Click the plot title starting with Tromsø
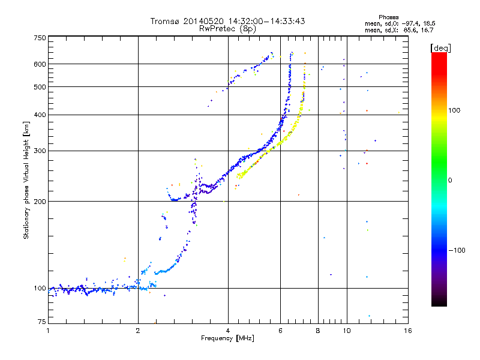click(227, 21)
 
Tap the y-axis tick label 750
click(40, 38)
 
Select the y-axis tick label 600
click(40, 64)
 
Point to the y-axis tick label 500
click(40, 87)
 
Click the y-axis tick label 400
click(40, 115)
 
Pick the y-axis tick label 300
click(40, 151)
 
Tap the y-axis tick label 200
click(40, 201)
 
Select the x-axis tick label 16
click(407, 331)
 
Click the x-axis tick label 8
click(318, 331)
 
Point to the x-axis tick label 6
click(280, 331)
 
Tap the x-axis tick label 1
click(48, 331)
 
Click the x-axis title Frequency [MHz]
click(227, 338)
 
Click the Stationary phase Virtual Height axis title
click(26, 180)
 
